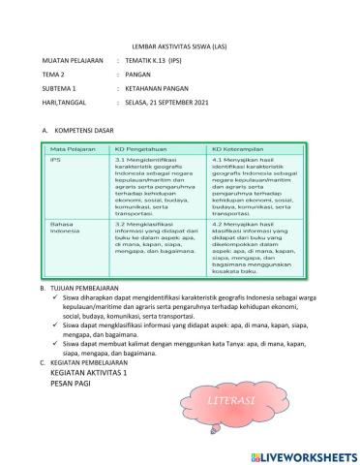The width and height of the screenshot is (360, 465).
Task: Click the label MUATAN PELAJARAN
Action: tap(72, 59)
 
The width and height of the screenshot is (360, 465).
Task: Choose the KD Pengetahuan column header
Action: tap(141, 148)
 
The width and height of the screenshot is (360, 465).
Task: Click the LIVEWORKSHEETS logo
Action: tap(300, 455)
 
